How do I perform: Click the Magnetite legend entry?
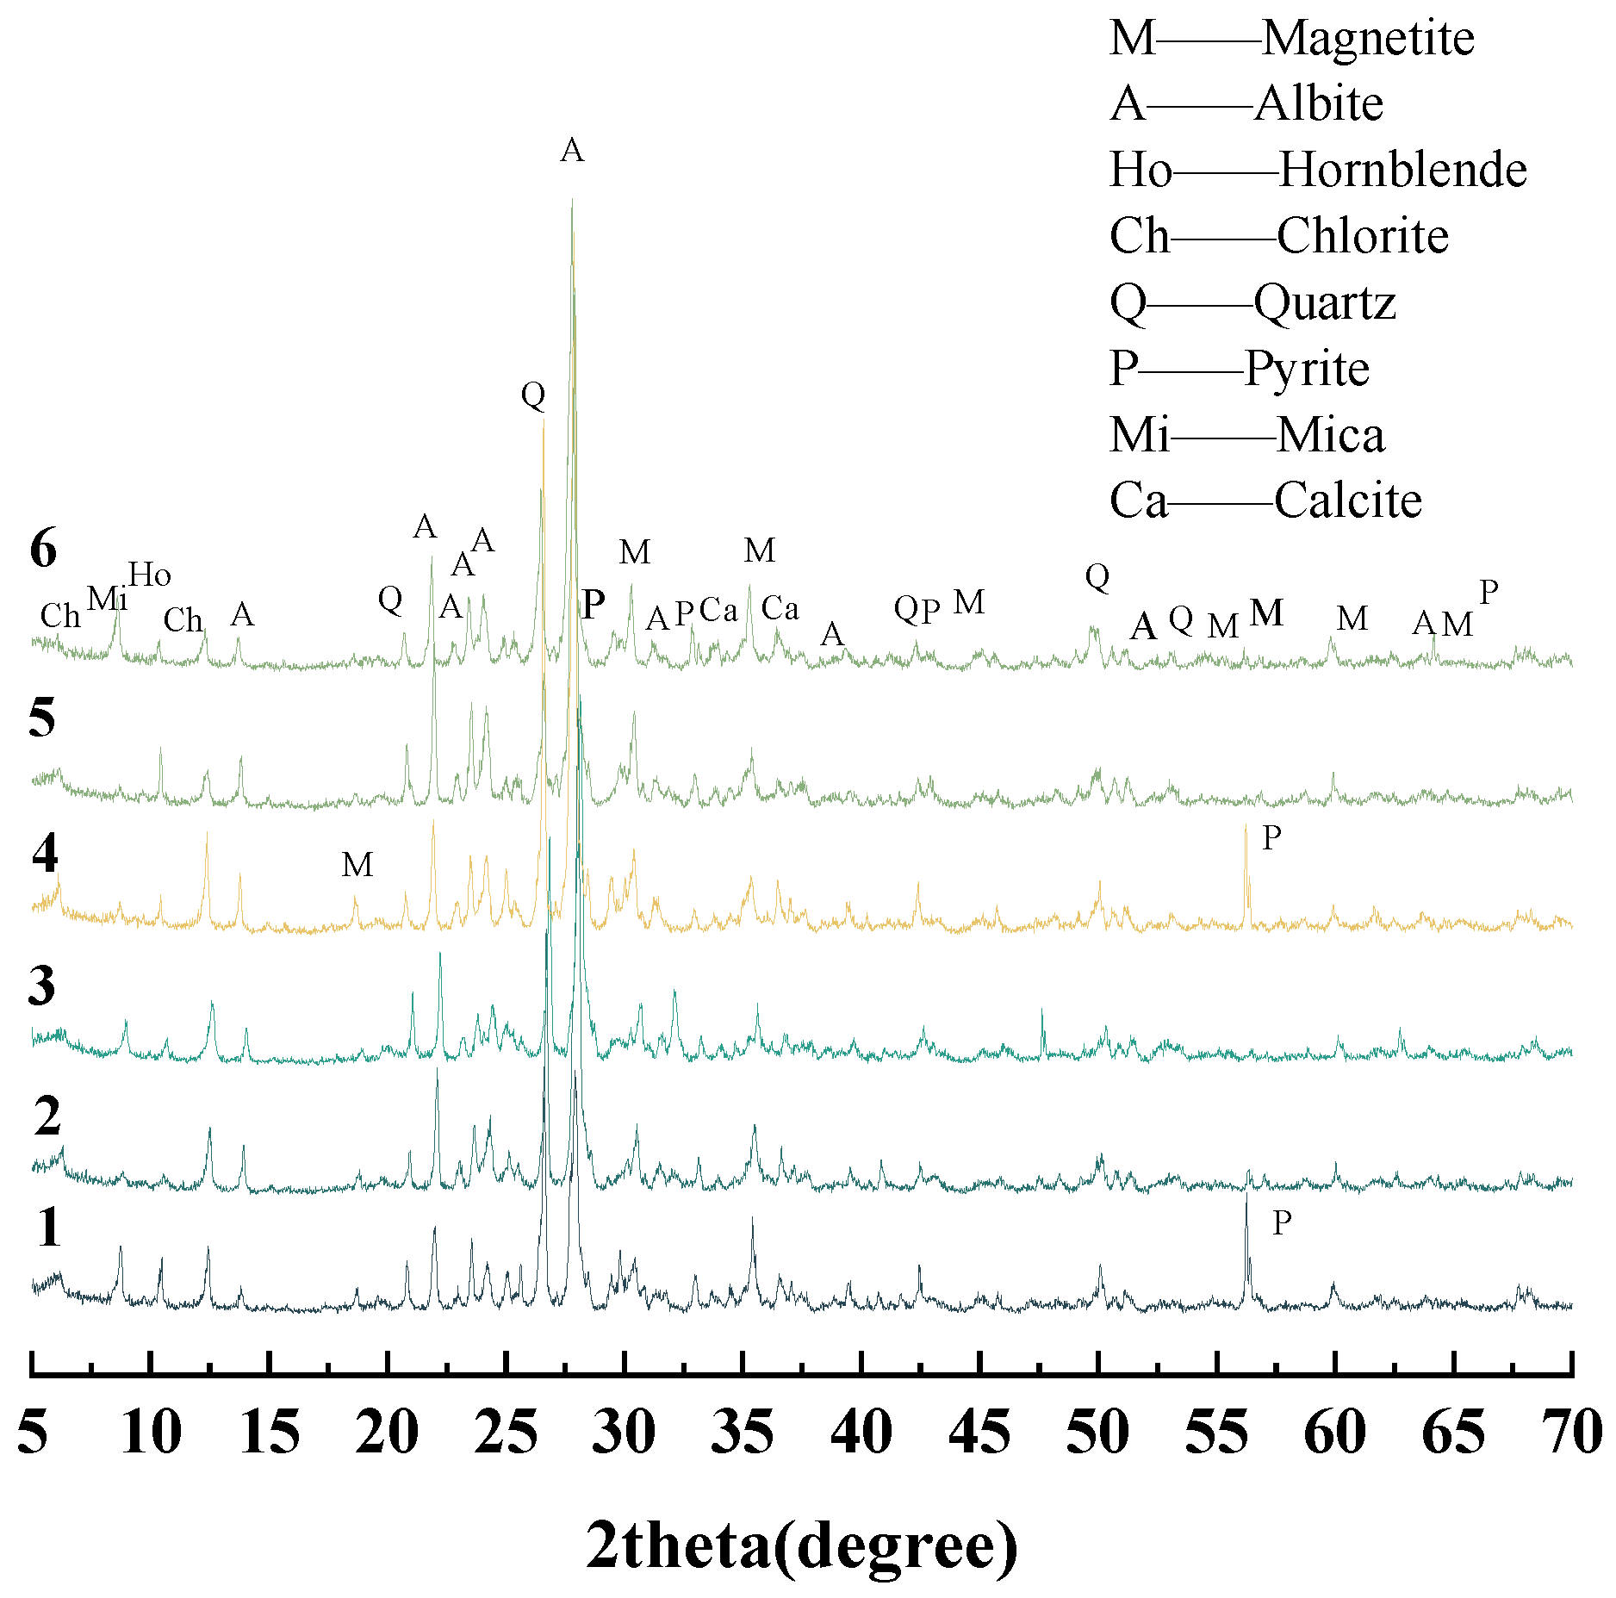(1291, 39)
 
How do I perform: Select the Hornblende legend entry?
(1318, 170)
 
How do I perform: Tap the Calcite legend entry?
(1265, 501)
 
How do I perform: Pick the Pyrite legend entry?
(1240, 369)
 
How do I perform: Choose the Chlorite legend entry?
(1279, 236)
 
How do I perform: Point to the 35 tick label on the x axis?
(743, 1433)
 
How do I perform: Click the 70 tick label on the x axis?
(1572, 1433)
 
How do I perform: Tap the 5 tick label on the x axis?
(33, 1433)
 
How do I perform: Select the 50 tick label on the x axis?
(1097, 1433)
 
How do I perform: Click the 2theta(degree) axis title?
(801, 1545)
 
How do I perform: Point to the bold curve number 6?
(43, 548)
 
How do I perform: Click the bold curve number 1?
(49, 1228)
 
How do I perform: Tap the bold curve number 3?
(42, 985)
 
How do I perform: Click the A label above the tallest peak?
(572, 151)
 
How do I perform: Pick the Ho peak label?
(150, 575)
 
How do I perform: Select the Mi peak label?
(108, 599)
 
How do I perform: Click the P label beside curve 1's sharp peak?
(1282, 1222)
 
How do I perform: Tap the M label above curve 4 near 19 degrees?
(357, 864)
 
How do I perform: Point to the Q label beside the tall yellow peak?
(533, 395)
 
